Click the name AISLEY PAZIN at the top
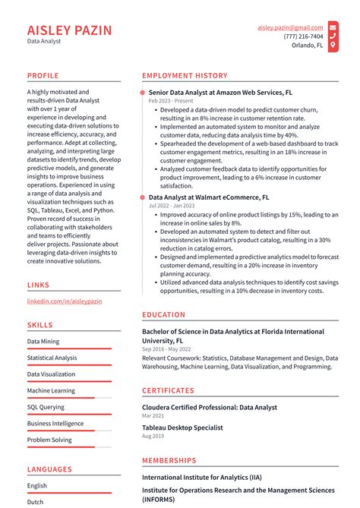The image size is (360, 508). pos(69,30)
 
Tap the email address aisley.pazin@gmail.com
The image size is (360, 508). pos(290,27)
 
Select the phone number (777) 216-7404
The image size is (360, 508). pos(303,36)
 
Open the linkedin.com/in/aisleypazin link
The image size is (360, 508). pos(65,301)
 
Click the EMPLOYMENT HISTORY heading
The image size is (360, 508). pos(185,76)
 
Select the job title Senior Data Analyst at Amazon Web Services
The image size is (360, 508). pos(220,91)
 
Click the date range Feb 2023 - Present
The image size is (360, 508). pos(171,100)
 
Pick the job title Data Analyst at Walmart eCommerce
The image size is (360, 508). pos(209,197)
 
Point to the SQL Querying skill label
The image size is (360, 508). pos(46,407)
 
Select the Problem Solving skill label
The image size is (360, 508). pos(49,440)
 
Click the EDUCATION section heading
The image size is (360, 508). pos(163,314)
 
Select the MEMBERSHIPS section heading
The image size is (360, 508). pos(169,460)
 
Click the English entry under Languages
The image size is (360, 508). pos(37,486)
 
